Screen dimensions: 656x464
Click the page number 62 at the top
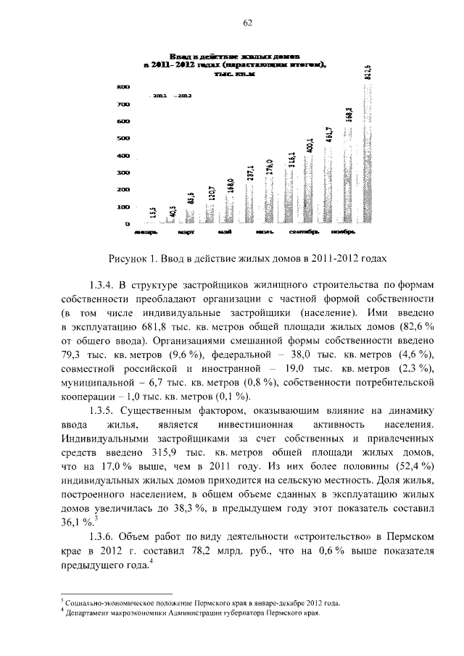click(x=247, y=22)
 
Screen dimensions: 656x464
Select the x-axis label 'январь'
click(x=144, y=233)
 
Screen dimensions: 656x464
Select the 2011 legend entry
click(x=159, y=95)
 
